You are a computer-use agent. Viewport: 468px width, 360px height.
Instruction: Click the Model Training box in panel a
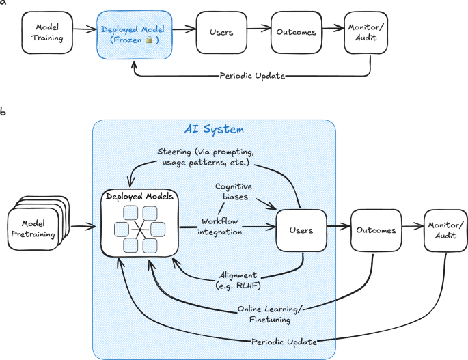pyautogui.click(x=47, y=33)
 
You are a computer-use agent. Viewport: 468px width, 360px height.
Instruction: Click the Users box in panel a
pyautogui.click(x=220, y=32)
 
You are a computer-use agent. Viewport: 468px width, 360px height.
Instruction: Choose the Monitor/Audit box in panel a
pyautogui.click(x=369, y=33)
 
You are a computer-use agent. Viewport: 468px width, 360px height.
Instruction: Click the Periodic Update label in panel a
pyautogui.click(x=251, y=75)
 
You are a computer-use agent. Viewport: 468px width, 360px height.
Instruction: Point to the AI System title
pyautogui.click(x=214, y=128)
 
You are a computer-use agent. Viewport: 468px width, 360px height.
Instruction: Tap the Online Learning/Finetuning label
pyautogui.click(x=272, y=314)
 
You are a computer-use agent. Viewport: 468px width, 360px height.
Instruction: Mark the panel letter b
pyautogui.click(x=4, y=111)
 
